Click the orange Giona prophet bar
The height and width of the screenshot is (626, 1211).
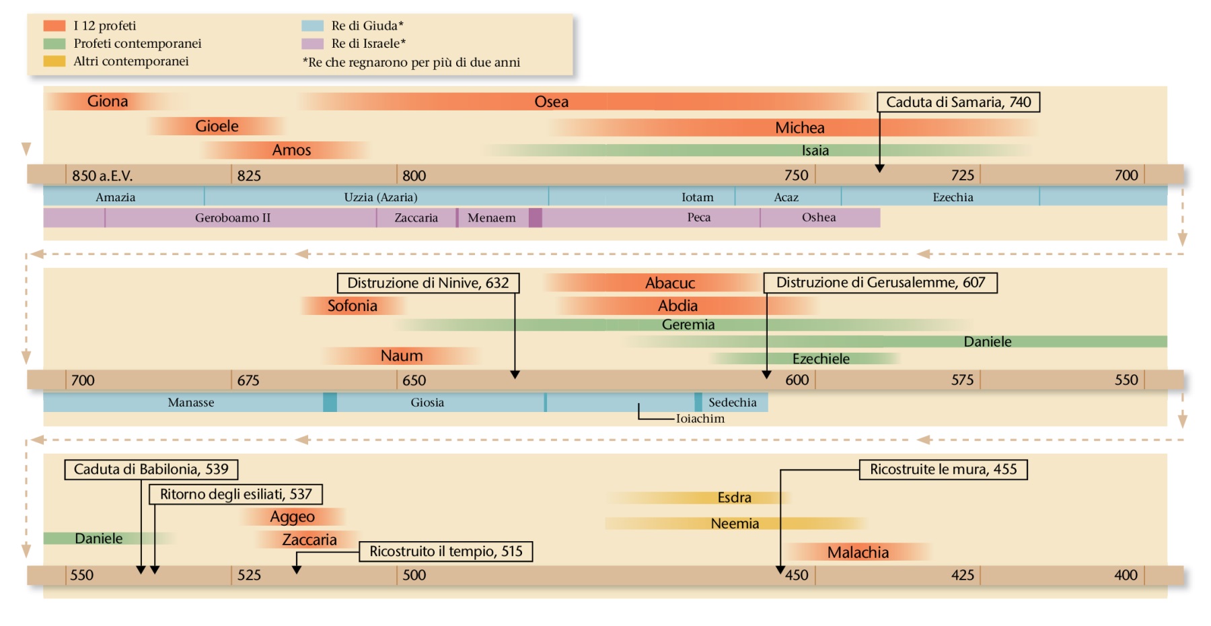coord(108,101)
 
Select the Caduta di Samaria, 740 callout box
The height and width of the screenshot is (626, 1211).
coord(958,102)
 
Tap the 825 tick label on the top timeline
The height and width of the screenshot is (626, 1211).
coord(249,176)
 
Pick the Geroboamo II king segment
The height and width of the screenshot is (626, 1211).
coord(233,217)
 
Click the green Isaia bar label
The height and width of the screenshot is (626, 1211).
coord(815,150)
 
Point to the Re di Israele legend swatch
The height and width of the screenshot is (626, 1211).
coord(312,44)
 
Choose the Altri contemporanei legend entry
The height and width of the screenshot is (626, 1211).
coord(131,61)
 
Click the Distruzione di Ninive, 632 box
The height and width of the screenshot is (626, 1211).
coord(428,283)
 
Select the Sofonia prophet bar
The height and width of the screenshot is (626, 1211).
coord(352,306)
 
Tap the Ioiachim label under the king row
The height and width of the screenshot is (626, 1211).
coord(700,419)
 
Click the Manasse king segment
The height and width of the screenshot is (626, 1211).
coord(191,403)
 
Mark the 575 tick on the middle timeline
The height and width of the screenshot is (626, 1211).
coord(962,380)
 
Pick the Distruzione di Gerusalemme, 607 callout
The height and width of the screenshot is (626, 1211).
coord(880,283)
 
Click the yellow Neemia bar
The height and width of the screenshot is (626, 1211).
coord(735,523)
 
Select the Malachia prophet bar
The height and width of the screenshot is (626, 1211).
coord(858,552)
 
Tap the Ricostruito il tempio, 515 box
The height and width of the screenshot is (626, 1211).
coord(445,551)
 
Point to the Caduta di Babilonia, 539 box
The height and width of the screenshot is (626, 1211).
coord(151,469)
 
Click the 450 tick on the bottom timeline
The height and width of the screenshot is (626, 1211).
coord(797,576)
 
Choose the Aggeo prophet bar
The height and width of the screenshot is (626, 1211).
coord(292,516)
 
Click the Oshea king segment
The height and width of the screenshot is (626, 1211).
coord(819,217)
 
